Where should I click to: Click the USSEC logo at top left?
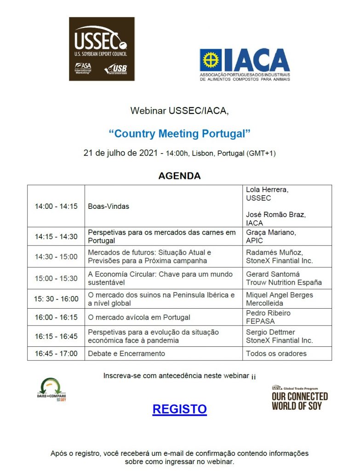tap(102, 49)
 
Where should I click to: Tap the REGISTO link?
tap(179, 409)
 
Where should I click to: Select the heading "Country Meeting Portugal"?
tap(179, 134)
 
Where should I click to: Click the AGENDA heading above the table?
tap(179, 176)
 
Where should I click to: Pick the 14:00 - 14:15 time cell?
tap(56, 206)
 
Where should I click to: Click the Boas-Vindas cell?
tap(109, 206)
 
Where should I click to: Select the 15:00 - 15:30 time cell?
tap(56, 278)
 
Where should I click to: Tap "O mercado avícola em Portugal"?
tap(139, 317)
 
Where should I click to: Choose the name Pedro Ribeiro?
tap(268, 313)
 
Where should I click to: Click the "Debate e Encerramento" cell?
tap(126, 353)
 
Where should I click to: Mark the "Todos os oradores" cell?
tap(276, 353)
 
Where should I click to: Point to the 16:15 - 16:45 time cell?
tap(56, 336)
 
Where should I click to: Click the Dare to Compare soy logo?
tap(52, 390)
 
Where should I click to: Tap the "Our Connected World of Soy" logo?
tap(299, 398)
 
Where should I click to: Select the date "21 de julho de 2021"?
tap(120, 153)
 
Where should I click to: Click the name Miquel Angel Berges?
tap(279, 295)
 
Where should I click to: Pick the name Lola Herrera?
tap(267, 190)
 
